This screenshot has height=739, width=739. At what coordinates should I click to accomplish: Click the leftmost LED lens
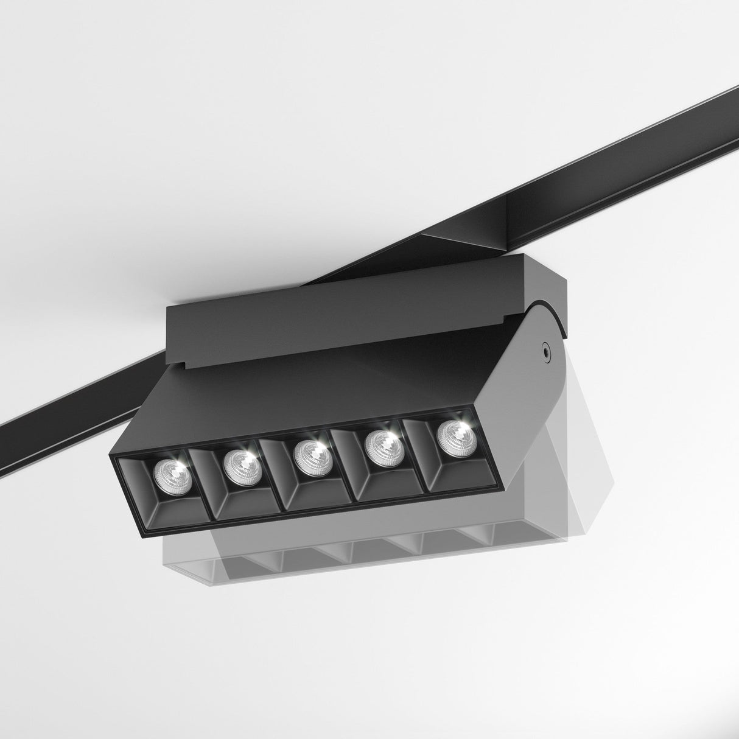pos(172,474)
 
